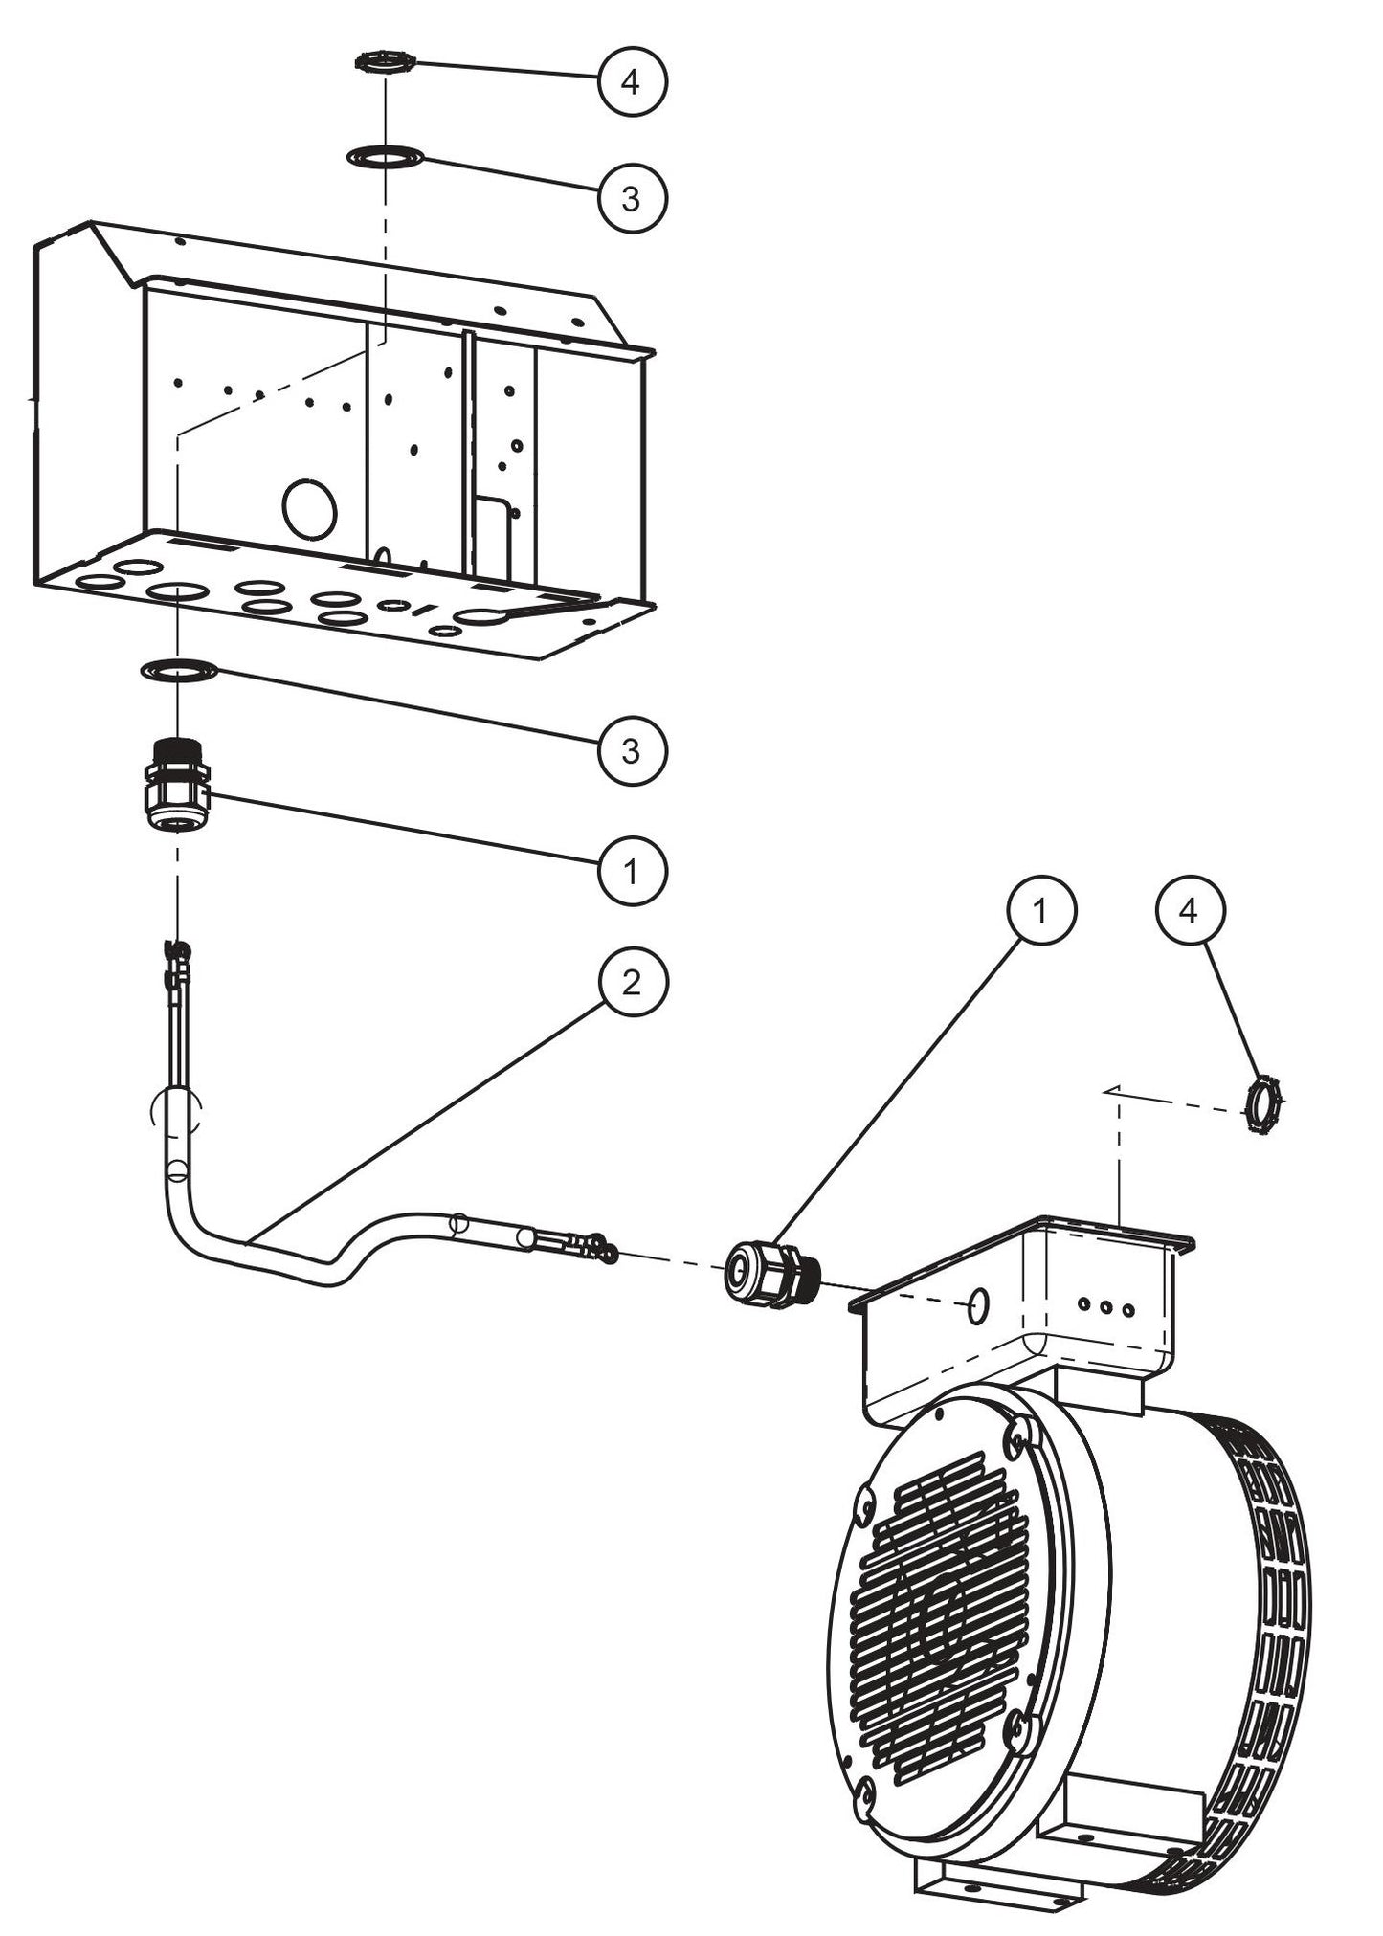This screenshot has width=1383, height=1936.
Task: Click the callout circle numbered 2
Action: click(x=631, y=984)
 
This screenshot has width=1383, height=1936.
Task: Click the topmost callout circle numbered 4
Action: click(x=631, y=81)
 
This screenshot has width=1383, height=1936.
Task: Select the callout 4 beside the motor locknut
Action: click(x=1188, y=911)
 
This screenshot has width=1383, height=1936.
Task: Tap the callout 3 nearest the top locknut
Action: click(x=631, y=198)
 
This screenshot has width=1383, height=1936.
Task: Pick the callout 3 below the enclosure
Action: click(x=631, y=751)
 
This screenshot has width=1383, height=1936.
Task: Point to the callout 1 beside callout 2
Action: click(x=631, y=871)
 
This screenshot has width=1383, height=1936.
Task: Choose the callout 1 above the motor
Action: click(x=1040, y=911)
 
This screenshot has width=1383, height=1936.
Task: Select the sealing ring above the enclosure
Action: click(x=385, y=155)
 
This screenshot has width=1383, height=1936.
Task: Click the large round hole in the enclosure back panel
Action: click(x=309, y=509)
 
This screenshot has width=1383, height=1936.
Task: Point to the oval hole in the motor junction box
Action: click(x=977, y=1306)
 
